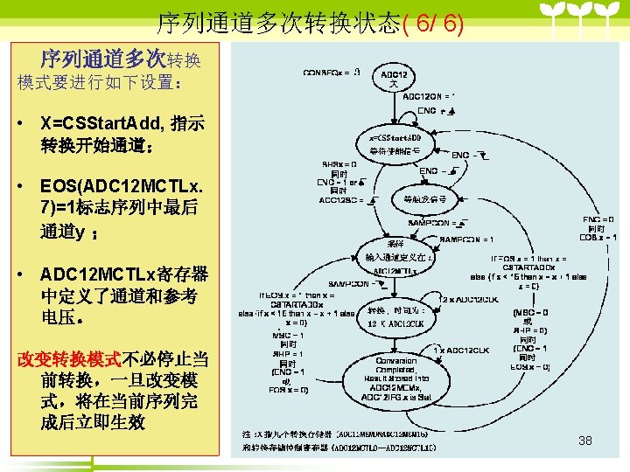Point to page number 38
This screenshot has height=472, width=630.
[585, 441]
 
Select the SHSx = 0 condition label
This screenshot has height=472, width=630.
[339, 163]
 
